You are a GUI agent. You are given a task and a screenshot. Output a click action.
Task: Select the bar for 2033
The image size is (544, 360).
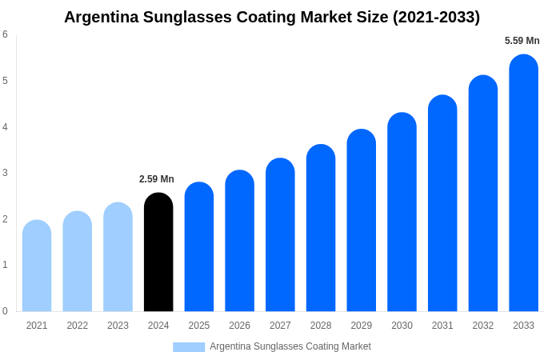523,183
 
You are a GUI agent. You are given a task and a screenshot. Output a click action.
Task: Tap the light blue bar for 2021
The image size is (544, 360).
37,266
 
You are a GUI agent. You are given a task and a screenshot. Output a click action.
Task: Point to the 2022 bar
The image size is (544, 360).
78,262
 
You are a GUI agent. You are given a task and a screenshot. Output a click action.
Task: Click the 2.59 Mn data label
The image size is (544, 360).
157,179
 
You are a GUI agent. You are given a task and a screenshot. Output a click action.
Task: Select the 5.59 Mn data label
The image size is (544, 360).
522,41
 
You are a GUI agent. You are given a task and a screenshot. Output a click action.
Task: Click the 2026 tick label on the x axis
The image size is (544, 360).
239,326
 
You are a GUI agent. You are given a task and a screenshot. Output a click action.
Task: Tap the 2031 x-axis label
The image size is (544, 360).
442,326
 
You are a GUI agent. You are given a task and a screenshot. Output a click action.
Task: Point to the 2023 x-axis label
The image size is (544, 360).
118,326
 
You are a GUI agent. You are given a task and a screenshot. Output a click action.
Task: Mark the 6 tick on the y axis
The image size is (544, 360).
5,34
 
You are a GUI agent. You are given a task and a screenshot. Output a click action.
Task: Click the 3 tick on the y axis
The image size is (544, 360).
5,173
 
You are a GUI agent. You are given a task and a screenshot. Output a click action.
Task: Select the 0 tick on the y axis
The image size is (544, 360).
5,311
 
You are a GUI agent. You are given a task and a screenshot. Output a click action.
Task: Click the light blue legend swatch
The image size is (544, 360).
189,347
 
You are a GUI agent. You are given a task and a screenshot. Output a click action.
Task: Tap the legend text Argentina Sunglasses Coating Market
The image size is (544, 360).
290,346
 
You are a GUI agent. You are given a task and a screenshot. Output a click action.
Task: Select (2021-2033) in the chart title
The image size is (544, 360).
436,17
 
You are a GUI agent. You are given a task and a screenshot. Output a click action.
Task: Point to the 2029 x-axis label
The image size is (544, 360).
362,326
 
